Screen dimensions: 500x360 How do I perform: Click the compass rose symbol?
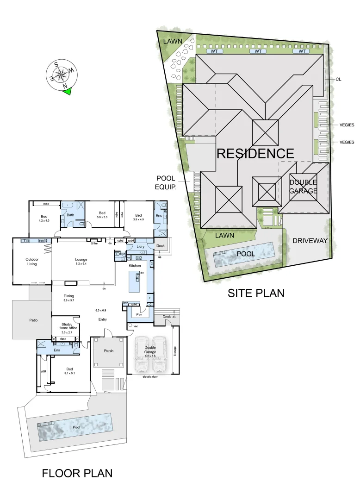point(62,74)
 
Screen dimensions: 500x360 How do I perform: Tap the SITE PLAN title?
point(256,293)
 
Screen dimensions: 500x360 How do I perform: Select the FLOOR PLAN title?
point(77,473)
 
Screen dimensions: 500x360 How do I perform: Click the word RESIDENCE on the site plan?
point(255,154)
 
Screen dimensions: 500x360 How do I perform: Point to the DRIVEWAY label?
point(310,241)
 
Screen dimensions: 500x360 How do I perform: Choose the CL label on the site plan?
point(338,80)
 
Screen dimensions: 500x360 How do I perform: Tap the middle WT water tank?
point(258,51)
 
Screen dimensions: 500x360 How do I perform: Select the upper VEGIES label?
point(346,125)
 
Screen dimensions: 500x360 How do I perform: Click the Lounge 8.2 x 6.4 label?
point(81,262)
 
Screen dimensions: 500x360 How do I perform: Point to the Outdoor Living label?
point(31,262)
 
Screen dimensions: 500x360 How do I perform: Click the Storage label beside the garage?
point(174,351)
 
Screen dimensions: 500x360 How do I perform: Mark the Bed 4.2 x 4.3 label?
point(44,219)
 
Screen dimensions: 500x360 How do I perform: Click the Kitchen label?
point(135,266)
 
